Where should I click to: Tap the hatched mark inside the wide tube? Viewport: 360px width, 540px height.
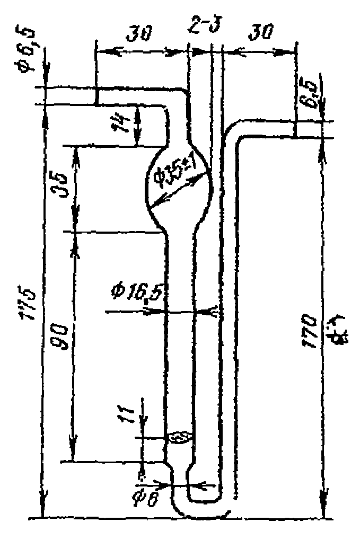[180, 437]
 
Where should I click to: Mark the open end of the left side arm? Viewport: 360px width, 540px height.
[97, 96]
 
